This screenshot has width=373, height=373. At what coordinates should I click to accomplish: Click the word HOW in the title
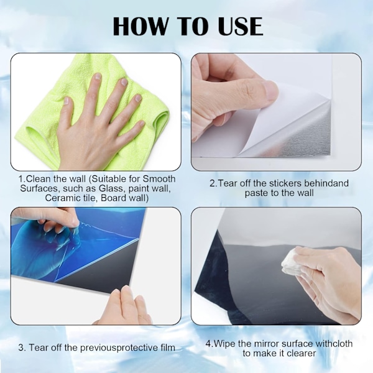coord(140,26)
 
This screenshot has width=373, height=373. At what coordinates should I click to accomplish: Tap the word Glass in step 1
coord(111,188)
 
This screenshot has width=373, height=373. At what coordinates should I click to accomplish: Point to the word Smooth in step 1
coord(159,179)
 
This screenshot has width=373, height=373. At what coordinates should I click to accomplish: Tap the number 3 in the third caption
coord(22,348)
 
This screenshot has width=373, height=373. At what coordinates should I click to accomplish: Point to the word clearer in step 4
coord(302,353)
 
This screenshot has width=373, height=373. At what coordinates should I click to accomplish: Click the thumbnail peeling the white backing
coord(271,90)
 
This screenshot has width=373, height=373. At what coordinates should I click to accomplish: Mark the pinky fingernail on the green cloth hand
coord(142,124)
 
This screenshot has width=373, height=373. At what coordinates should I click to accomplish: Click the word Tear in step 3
coord(37,348)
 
